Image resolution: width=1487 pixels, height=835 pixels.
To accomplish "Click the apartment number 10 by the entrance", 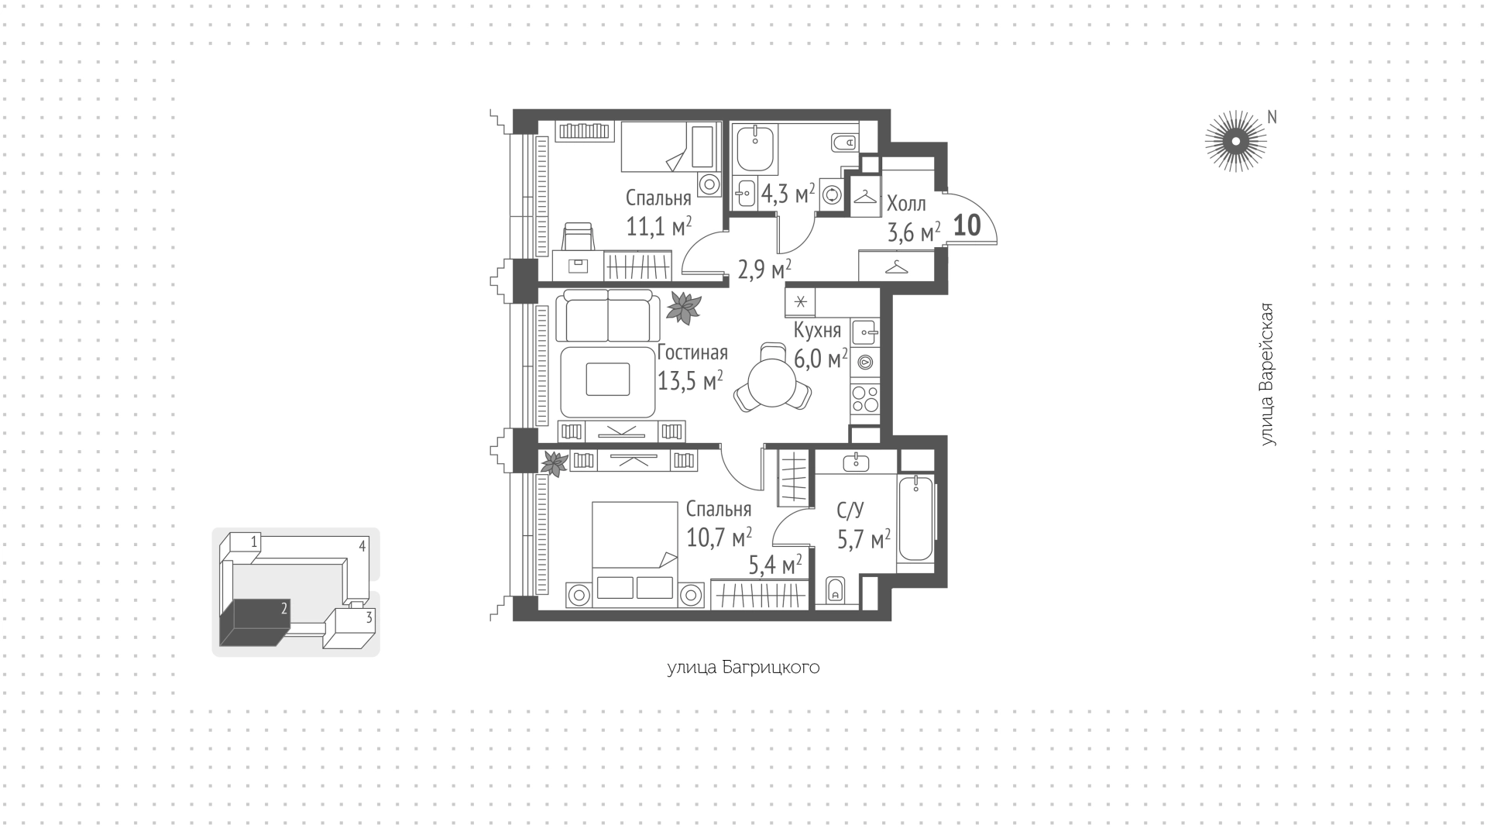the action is (967, 225).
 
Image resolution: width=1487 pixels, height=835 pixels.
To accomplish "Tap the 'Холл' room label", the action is (906, 204).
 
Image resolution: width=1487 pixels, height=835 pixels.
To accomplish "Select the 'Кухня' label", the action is (817, 331).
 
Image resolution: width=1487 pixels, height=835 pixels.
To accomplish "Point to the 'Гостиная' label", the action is (692, 353).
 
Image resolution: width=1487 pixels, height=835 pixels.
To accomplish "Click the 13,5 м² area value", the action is (691, 380).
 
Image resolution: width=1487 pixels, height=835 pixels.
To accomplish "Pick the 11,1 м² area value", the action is (659, 226).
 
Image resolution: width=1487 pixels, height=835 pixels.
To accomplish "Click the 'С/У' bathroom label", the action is (850, 510).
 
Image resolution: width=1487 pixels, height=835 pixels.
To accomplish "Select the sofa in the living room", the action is (608, 315).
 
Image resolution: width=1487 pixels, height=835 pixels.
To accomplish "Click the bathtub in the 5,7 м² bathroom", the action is (916, 517).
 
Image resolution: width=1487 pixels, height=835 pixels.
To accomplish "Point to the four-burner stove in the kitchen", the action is (865, 400).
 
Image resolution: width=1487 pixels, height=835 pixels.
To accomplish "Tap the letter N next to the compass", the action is (1272, 117).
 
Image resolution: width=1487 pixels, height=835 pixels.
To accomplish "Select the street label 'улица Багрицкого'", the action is (743, 668).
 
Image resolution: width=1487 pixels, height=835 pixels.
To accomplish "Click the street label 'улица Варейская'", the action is (1267, 374).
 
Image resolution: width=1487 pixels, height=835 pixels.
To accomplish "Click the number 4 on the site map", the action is (362, 546).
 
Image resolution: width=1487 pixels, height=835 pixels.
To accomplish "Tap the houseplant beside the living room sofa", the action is (683, 308).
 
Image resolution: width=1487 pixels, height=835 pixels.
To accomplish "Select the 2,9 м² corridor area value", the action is (764, 270).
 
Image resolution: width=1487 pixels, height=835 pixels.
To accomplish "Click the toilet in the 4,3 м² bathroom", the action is (843, 143).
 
